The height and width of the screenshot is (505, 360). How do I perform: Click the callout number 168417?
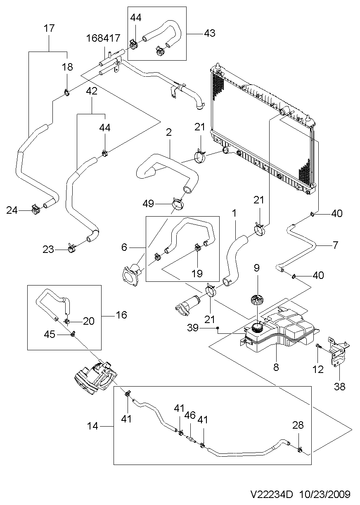103,38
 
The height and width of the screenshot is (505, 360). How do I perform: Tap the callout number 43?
210,33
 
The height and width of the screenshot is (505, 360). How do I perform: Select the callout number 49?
148,203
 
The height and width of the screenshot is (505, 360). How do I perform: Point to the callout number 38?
340,387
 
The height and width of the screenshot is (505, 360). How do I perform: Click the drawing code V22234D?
272,494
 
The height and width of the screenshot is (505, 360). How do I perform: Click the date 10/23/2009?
325,494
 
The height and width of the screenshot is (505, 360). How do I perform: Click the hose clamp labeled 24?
35,210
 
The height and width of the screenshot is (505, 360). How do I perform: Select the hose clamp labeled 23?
71,248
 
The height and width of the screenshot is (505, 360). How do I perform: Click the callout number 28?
298,425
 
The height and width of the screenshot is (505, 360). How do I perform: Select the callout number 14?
93,426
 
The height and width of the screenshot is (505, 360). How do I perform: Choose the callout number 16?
121,315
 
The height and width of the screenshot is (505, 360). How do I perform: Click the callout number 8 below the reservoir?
276,367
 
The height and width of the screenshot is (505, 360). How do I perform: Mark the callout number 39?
193,328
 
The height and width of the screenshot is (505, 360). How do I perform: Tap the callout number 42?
92,91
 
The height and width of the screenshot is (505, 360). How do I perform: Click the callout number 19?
197,274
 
